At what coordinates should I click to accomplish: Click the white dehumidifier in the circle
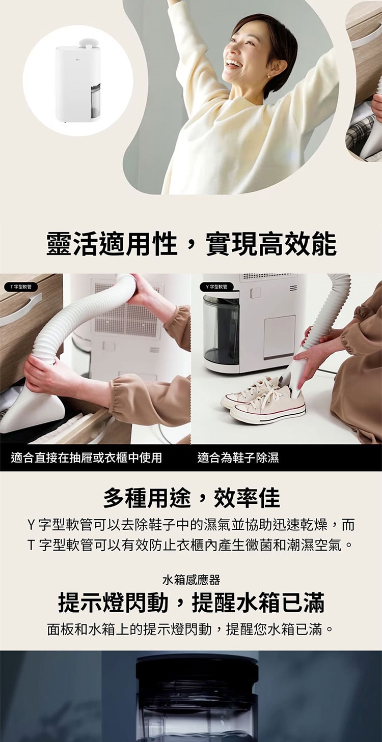pyautogui.click(x=77, y=83)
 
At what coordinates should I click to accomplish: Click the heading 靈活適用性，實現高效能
pyautogui.click(x=191, y=244)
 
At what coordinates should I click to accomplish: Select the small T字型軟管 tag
pyautogui.click(x=20, y=287)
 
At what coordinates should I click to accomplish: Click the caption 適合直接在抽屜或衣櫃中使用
pyautogui.click(x=87, y=458)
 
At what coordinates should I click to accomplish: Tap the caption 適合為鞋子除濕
pyautogui.click(x=238, y=458)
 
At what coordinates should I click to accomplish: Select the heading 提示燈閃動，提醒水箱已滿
pyautogui.click(x=191, y=603)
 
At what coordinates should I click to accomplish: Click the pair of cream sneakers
pyautogui.click(x=264, y=399)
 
